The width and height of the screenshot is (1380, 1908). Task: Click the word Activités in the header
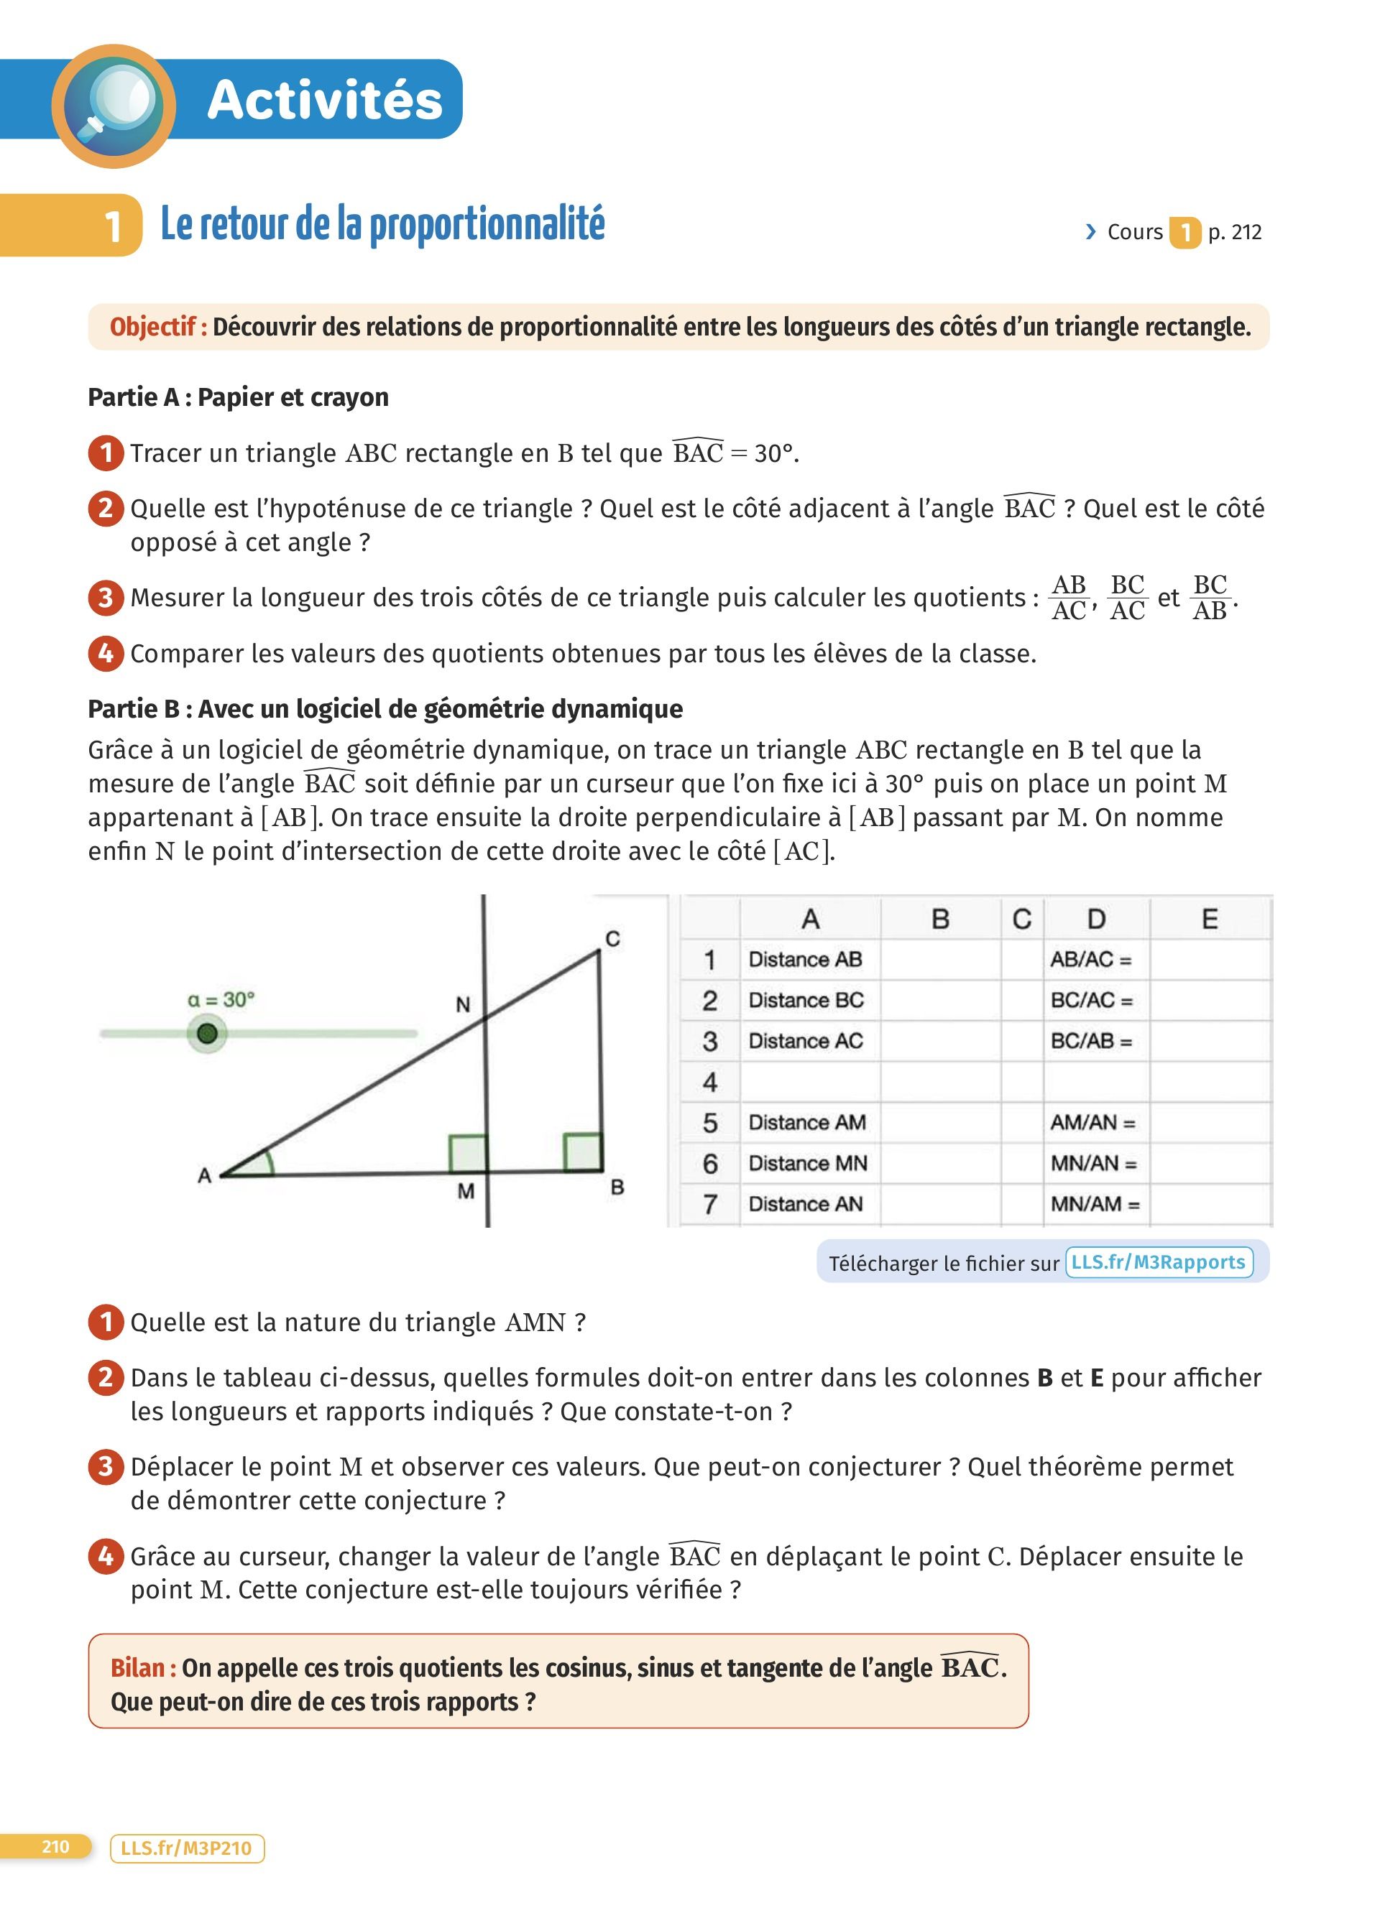point(324,100)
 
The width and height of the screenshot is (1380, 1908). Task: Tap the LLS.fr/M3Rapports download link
point(1158,1262)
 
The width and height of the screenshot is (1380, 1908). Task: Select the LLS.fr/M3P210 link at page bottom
point(187,1848)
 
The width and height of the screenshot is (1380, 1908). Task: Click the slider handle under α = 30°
point(207,1033)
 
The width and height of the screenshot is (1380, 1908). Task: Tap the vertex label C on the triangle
point(612,939)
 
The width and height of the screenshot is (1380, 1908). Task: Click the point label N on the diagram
point(463,1004)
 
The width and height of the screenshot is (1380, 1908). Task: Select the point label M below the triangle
point(465,1191)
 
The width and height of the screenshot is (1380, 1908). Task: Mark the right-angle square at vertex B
point(582,1152)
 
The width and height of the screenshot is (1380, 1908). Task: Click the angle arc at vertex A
point(267,1162)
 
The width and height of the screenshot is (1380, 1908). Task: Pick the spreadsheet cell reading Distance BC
point(806,1000)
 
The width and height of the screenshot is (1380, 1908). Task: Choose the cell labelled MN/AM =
point(1095,1204)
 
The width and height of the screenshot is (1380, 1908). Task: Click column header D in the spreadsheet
point(1095,919)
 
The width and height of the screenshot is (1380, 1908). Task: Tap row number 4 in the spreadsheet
point(710,1082)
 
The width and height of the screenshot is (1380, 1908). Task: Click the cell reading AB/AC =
point(1090,959)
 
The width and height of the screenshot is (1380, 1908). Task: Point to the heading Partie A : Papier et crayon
point(238,397)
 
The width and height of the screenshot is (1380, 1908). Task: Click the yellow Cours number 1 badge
point(1184,232)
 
